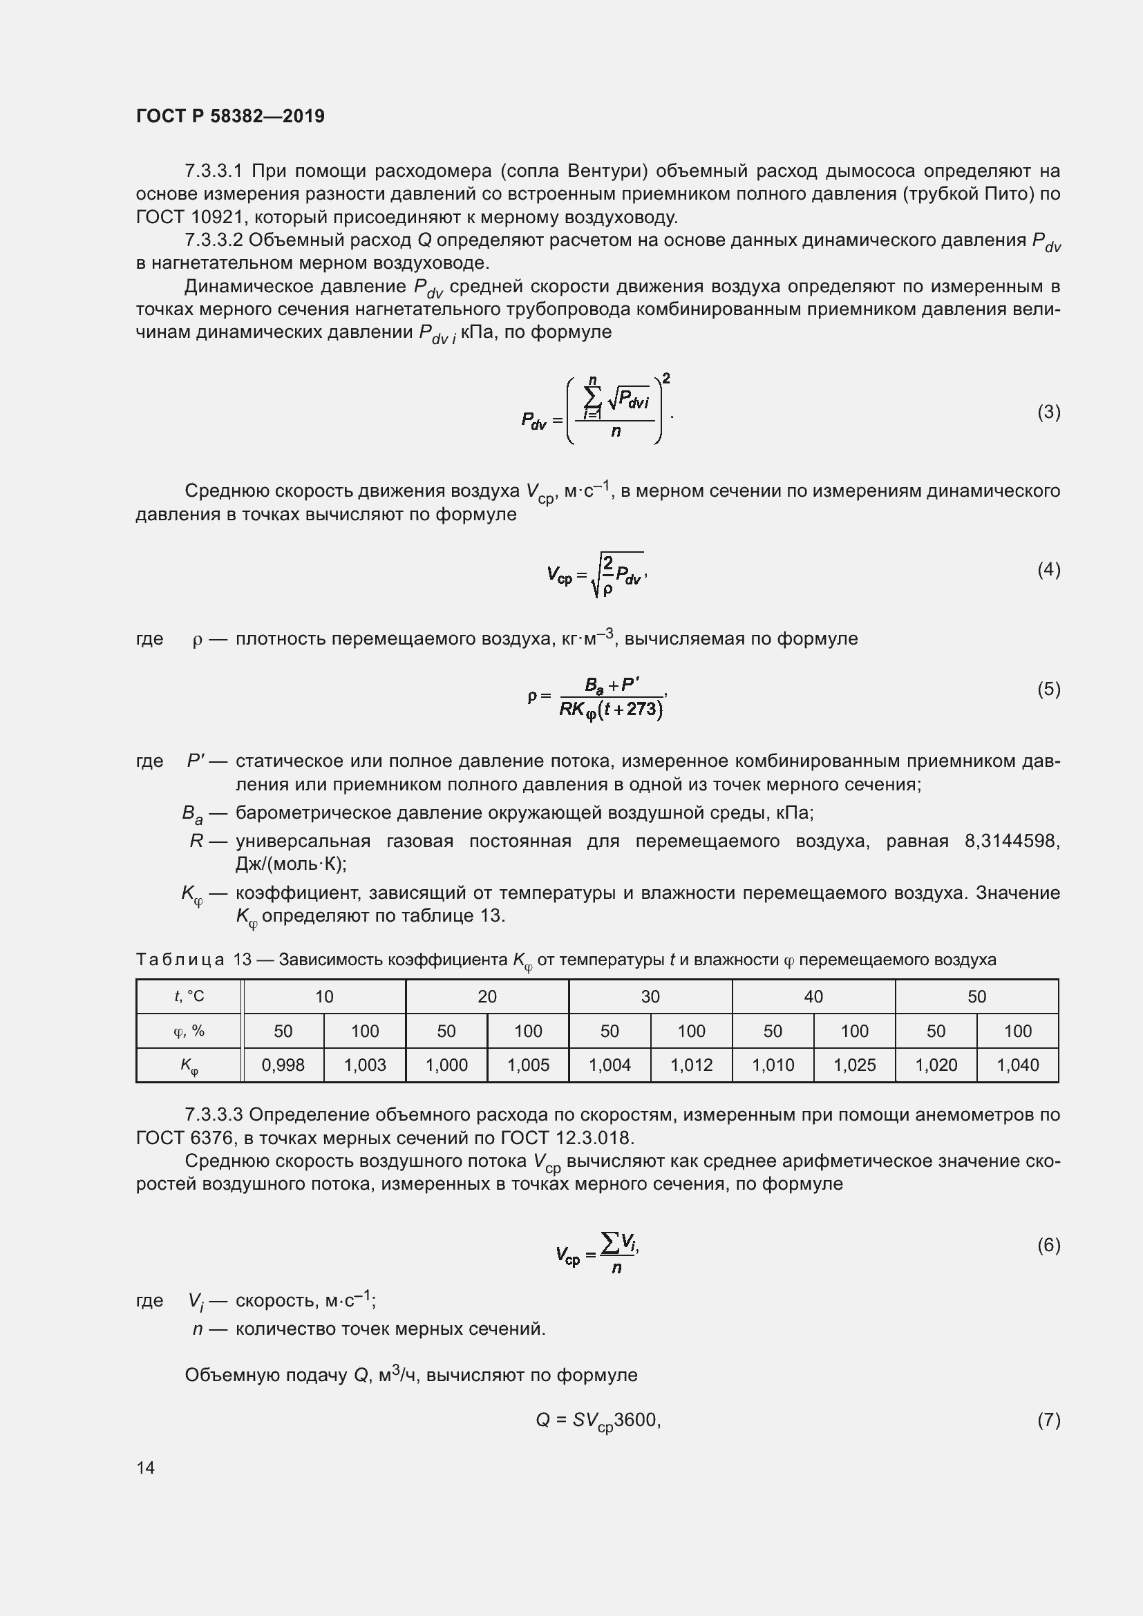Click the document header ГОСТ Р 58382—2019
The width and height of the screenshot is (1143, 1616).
tap(230, 116)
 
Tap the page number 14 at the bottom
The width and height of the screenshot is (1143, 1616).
tap(146, 1467)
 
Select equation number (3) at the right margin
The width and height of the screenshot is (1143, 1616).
tap(1048, 412)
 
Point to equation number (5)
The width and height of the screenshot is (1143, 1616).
tap(1048, 688)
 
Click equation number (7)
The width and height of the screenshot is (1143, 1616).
tap(1048, 1420)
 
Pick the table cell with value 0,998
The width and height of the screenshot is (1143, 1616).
tap(283, 1065)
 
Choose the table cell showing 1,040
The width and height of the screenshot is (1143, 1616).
tap(1018, 1065)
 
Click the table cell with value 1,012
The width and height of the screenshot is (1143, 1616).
tap(691, 1065)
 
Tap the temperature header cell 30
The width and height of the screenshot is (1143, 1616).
tap(650, 997)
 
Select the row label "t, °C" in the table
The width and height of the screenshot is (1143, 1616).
tap(189, 997)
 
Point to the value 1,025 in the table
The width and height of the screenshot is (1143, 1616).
tap(854, 1065)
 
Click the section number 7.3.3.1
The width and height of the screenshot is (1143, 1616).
tap(214, 171)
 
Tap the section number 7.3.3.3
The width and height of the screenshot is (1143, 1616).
tap(214, 1115)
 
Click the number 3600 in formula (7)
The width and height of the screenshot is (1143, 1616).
tap(635, 1420)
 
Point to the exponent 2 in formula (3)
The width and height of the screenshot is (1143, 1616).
tap(665, 379)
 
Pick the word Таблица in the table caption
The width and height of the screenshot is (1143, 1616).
tap(180, 960)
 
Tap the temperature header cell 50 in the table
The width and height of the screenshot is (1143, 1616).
tap(977, 997)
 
